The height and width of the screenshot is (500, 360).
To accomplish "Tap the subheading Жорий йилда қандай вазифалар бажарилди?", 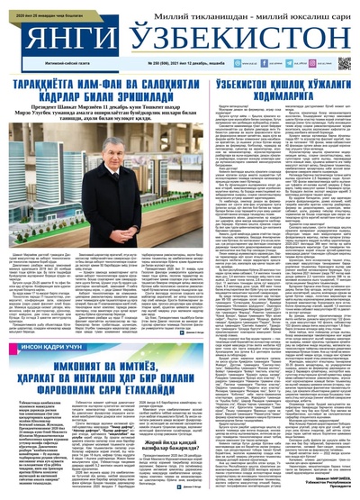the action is click(x=136, y=423).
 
